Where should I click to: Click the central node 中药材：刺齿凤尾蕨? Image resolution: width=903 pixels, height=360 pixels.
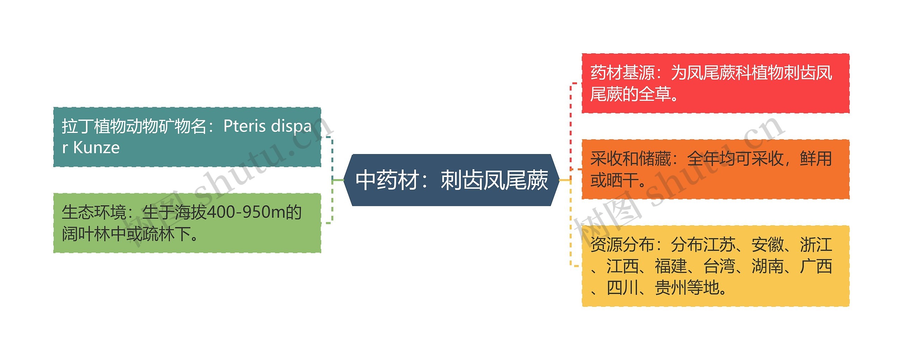click(451, 180)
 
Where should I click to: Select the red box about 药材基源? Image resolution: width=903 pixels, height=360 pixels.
click(715, 84)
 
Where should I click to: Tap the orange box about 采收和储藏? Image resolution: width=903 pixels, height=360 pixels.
click(715, 170)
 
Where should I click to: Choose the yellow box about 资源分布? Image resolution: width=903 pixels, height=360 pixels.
click(715, 266)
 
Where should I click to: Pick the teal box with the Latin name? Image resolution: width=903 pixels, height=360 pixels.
click(187, 137)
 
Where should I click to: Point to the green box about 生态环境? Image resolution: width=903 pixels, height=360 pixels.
click(187, 223)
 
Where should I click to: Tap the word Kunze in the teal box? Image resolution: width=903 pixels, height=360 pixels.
click(96, 148)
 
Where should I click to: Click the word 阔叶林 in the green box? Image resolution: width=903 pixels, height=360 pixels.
click(86, 234)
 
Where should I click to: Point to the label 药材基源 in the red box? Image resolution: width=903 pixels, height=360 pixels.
click(623, 73)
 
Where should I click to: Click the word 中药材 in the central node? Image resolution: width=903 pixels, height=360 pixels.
click(387, 180)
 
